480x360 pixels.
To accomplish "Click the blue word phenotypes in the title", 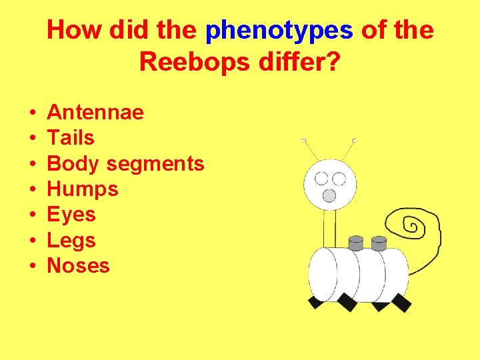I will coord(279,31).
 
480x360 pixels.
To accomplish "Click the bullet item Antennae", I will coord(95,113).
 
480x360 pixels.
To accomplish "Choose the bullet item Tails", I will coord(71,138).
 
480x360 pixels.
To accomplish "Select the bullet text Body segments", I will coord(126,163).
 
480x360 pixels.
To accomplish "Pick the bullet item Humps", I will coord(83,189).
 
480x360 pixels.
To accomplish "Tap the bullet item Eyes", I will coord(71,215).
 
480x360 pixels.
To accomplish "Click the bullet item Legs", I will coord(71,240).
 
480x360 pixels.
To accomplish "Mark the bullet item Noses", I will coord(78,265).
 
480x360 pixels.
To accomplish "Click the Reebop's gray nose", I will coord(329,195).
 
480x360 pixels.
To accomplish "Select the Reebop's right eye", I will coord(339,179).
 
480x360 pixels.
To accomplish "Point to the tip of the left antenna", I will coord(303,141).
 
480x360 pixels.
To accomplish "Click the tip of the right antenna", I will coord(354,141).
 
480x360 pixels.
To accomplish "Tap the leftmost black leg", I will coord(315,301).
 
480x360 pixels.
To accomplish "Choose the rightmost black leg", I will coord(401,303).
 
